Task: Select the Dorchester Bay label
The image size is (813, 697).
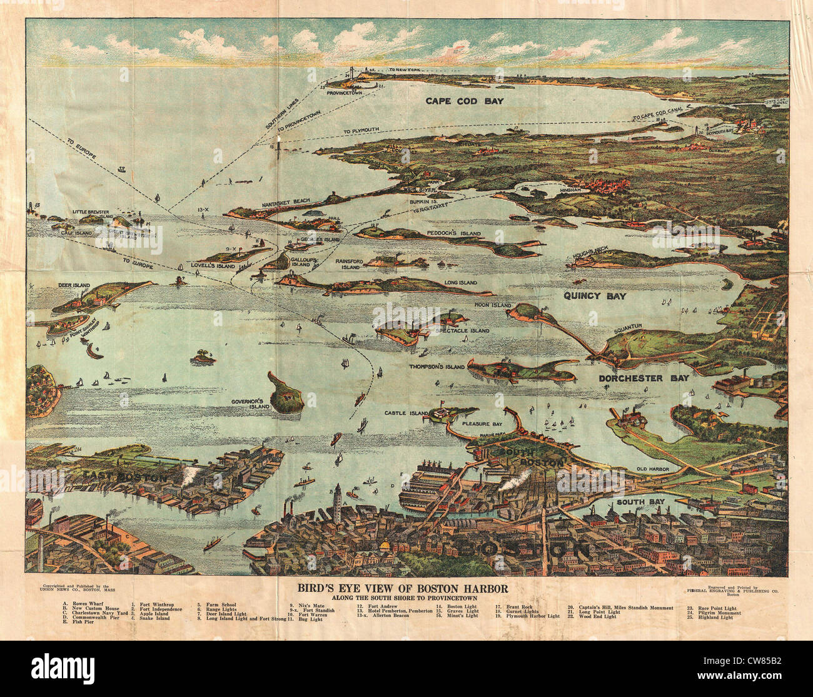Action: pos(644,378)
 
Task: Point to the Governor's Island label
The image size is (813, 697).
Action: pos(250,404)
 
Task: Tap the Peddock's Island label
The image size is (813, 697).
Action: pos(454,233)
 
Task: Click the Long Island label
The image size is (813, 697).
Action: pos(460,283)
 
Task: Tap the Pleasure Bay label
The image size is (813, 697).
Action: pos(482,424)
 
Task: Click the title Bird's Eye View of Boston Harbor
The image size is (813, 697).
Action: pos(403,588)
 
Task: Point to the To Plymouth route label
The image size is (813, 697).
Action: pos(361,131)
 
